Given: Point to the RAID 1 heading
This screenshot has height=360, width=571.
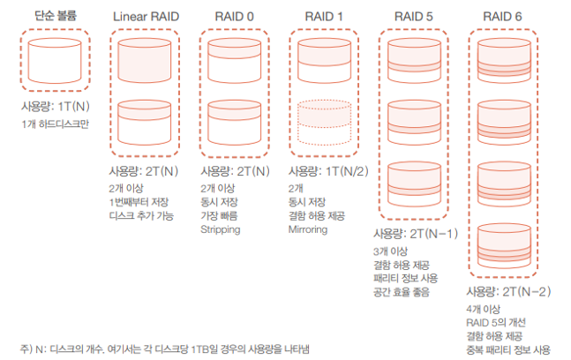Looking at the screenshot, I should (x=323, y=16).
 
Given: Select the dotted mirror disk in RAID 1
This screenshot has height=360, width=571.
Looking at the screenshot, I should (x=323, y=122).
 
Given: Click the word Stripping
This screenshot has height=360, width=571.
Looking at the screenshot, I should (x=221, y=229).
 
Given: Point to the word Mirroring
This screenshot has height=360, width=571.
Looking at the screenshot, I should (x=310, y=229).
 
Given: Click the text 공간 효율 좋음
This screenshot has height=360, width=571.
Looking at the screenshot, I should (x=402, y=290).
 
